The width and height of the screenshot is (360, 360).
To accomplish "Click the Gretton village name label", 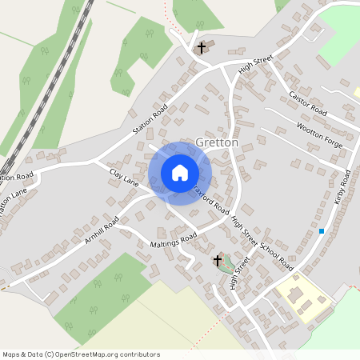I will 217,142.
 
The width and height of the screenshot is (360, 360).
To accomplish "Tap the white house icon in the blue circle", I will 180,172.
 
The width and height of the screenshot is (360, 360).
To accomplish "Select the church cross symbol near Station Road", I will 202,48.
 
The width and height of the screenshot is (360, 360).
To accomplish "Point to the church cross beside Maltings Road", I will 217,261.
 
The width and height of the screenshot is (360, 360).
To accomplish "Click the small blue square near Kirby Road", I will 322,231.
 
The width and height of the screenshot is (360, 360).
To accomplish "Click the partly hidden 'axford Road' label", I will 211,197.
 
